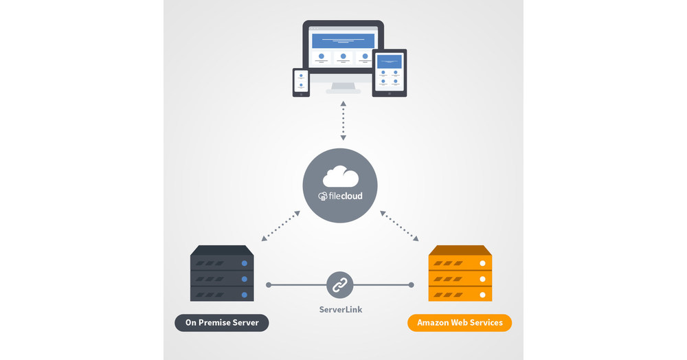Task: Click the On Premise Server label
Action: pyautogui.click(x=221, y=323)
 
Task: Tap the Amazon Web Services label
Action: pyautogui.click(x=460, y=323)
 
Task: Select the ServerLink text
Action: pyautogui.click(x=340, y=310)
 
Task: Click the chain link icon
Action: pyautogui.click(x=340, y=284)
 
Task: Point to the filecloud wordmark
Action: pyautogui.click(x=341, y=196)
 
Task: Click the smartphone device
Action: pyautogui.click(x=301, y=82)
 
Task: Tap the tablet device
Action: pyautogui.click(x=390, y=72)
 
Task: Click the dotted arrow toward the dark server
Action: pyautogui.click(x=280, y=226)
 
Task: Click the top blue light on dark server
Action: pyautogui.click(x=243, y=263)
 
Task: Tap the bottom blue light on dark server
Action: pyautogui.click(x=243, y=294)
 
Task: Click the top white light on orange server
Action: pyautogui.click(x=482, y=263)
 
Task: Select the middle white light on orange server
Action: pyautogui.click(x=482, y=279)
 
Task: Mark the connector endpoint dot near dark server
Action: pyautogui.click(x=269, y=284)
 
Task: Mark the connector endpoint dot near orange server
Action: pyautogui.click(x=412, y=284)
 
